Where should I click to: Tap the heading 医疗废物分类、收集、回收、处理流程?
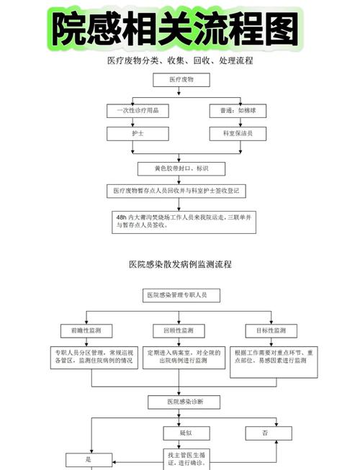[180, 61]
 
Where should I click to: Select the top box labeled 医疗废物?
[181, 81]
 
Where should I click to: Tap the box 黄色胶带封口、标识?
[181, 168]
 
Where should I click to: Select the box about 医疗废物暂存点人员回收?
[181, 191]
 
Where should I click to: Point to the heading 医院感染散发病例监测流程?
[180, 265]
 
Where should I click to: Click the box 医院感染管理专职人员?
[176, 295]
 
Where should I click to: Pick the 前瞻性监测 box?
[86, 331]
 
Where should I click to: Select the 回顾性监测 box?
[177, 331]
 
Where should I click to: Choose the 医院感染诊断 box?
[184, 402]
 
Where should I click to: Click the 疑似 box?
[184, 433]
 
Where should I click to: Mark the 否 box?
[266, 433]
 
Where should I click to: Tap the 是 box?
[89, 458]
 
